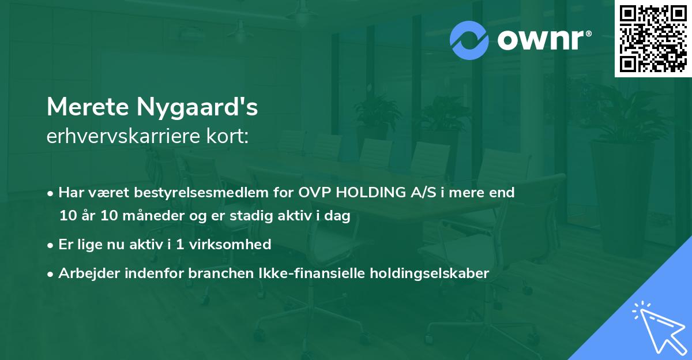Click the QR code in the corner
tap(653, 39)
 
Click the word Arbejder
tap(85, 273)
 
